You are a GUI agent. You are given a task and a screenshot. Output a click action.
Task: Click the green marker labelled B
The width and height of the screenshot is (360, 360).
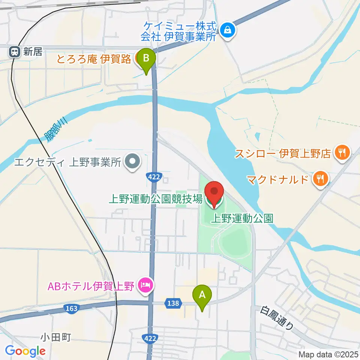coord(146,59)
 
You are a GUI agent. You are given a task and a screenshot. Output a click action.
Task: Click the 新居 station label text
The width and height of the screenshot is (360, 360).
coord(33,52)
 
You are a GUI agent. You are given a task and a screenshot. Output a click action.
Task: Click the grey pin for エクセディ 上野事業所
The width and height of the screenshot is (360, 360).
coord(132,162)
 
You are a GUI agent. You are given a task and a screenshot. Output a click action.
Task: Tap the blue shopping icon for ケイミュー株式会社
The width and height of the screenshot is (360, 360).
coord(227,31)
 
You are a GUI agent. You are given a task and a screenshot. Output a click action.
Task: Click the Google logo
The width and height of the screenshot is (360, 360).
coord(25,351)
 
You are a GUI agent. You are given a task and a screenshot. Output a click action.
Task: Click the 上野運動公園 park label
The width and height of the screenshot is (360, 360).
coord(241,218)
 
